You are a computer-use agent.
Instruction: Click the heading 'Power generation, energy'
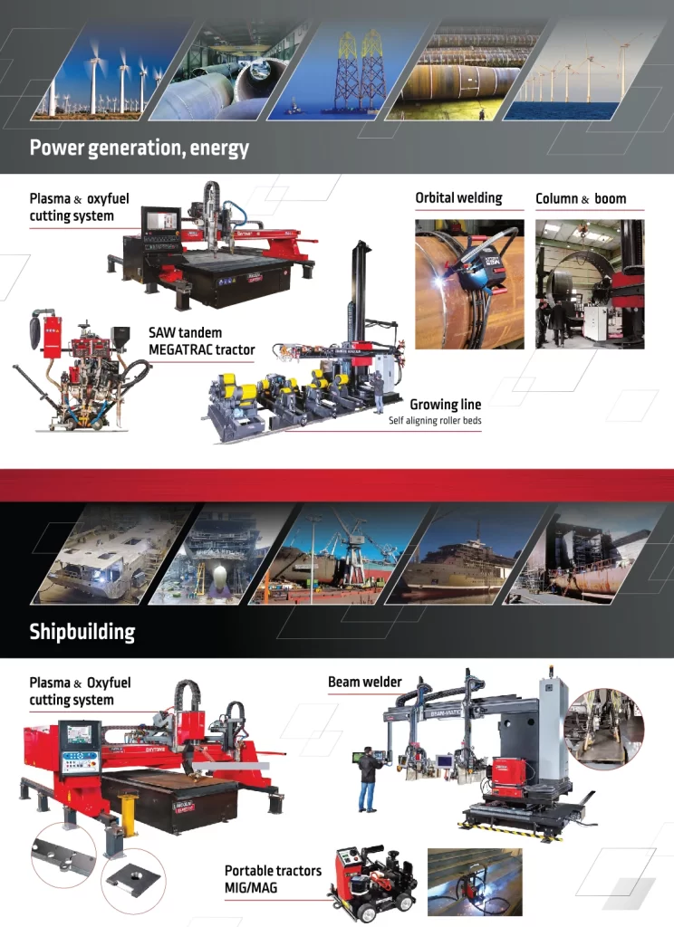coord(140,148)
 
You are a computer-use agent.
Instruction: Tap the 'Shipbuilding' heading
coord(82,631)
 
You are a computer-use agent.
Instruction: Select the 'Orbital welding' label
coord(458,198)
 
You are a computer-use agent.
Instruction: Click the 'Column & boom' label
coord(581,198)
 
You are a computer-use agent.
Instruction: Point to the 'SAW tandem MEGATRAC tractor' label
coord(202,341)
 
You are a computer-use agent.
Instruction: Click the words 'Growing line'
coord(446,405)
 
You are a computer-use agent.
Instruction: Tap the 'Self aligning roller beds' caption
coord(435,420)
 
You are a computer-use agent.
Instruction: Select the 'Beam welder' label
coord(364,682)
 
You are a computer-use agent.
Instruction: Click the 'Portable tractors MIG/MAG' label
coord(273,878)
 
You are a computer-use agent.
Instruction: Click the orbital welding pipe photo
coord(469,283)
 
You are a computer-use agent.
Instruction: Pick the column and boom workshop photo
coord(590,283)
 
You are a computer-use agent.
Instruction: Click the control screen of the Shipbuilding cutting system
coord(78,734)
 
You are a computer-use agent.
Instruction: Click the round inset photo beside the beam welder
coord(603,729)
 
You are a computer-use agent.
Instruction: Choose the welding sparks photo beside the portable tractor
coord(475,882)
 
